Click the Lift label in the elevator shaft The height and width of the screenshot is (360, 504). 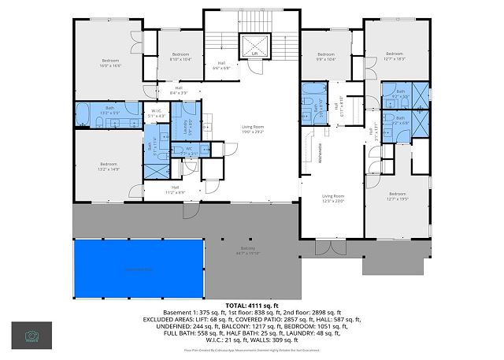pos(254,54)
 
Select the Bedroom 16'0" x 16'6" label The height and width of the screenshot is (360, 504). pos(110,64)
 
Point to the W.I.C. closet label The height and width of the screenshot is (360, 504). pos(157,113)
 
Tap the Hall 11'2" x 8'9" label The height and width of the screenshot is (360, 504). pos(175,190)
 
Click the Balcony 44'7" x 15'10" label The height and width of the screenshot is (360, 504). pos(248,251)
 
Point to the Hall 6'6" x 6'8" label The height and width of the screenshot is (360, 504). pos(221,66)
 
